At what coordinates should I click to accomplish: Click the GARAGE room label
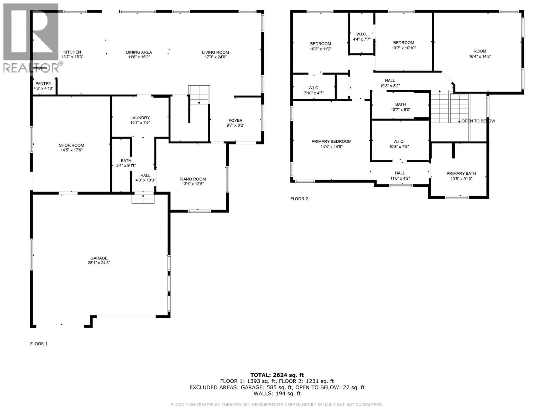tap(99, 258)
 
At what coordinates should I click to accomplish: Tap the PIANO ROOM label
tap(193, 179)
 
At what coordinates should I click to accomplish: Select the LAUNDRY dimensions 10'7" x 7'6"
tap(140, 123)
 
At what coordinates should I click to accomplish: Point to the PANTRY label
tap(43, 83)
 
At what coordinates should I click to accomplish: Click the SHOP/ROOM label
tap(71, 145)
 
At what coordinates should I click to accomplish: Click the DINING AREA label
tap(139, 52)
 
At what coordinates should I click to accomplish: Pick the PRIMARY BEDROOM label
tap(331, 141)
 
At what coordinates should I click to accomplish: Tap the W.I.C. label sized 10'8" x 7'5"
tap(399, 141)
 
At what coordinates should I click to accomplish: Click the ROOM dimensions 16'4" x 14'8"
tap(480, 56)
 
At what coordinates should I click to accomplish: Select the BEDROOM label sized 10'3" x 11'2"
tap(320, 44)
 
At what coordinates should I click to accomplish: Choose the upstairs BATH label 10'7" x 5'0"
tap(400, 104)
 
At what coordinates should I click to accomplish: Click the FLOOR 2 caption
tap(299, 199)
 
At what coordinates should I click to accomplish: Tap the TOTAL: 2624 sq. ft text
tap(277, 375)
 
